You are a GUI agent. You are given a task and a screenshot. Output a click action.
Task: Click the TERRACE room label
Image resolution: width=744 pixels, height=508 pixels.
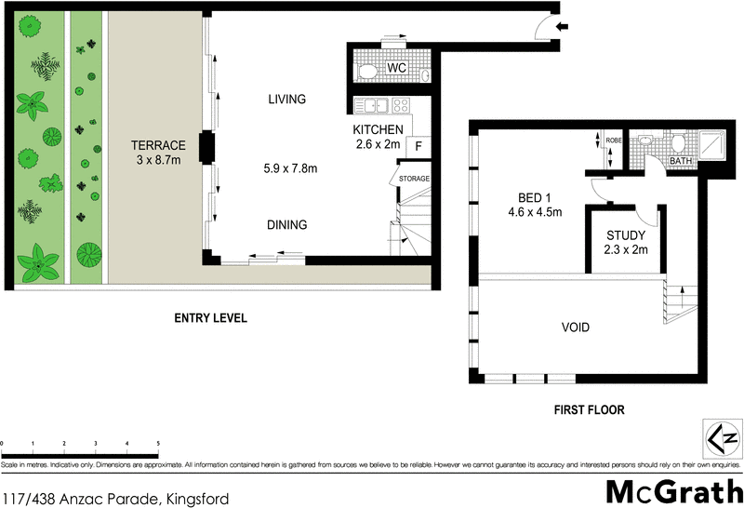click(158, 145)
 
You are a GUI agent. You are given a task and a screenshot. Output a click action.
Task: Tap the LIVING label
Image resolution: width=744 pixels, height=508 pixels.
click(286, 100)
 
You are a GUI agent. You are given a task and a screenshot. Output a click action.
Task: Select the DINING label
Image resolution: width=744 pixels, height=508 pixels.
click(286, 224)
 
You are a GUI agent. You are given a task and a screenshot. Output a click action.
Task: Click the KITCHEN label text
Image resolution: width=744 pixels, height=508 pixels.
click(378, 129)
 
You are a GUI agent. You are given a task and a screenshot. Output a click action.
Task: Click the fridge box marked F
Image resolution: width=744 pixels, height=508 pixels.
click(418, 146)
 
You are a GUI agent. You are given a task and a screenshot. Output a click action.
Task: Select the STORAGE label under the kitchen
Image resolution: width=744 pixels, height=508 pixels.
click(414, 177)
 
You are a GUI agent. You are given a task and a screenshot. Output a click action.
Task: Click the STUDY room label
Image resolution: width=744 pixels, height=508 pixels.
click(621, 234)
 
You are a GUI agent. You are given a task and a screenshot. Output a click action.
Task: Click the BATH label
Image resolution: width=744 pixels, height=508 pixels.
click(681, 161)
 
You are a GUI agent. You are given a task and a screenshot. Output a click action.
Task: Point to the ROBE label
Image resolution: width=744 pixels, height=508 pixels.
click(614, 140)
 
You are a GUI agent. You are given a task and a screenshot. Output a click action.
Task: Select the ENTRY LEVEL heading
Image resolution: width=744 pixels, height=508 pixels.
click(210, 318)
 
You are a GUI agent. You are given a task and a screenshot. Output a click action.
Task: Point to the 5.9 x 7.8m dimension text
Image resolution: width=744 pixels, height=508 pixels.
click(291, 168)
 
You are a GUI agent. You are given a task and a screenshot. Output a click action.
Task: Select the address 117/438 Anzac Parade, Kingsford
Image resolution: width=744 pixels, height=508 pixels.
click(115, 498)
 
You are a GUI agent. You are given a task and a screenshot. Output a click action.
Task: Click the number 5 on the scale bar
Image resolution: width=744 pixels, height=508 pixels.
click(157, 444)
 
